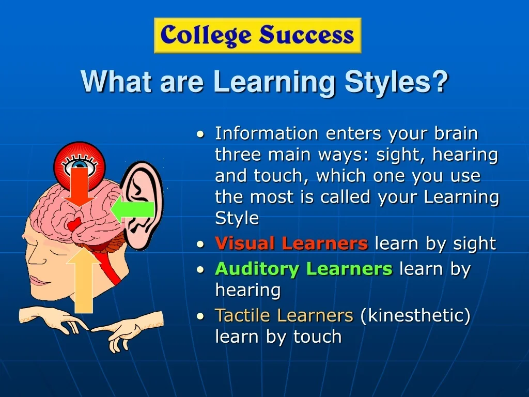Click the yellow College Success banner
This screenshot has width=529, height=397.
(257, 36)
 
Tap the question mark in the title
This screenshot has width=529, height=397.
(439, 81)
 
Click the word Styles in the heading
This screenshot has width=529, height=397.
(387, 82)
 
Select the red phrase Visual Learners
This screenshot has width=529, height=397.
(291, 243)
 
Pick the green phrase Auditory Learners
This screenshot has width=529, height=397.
(304, 269)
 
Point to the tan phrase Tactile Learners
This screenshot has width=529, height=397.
(284, 315)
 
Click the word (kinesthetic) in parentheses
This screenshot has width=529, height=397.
(415, 315)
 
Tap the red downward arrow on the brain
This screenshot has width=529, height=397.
(79, 186)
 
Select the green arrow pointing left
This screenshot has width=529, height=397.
(133, 210)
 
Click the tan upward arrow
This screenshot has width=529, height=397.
(83, 280)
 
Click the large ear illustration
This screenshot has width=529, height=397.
(142, 206)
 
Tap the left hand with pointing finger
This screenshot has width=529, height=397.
(53, 318)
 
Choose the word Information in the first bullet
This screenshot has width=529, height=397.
(267, 133)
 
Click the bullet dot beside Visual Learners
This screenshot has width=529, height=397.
(200, 244)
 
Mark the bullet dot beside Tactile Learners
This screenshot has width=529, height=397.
(200, 316)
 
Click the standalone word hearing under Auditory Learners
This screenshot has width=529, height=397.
(248, 291)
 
